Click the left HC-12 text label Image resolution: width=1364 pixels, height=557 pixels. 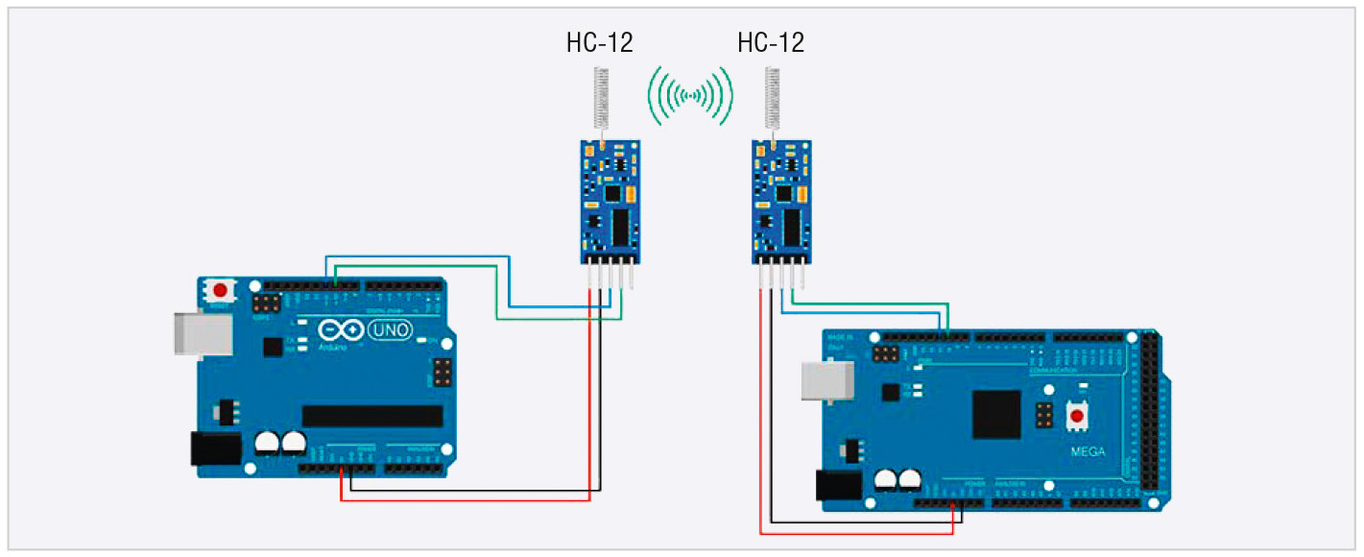(x=600, y=42)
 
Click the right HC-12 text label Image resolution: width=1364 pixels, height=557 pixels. (x=771, y=42)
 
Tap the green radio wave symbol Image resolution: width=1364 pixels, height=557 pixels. (x=690, y=95)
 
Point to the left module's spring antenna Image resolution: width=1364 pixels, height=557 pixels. (x=601, y=101)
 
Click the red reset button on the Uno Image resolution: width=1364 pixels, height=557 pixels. (x=223, y=289)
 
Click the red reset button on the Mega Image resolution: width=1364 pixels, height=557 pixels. (x=1078, y=417)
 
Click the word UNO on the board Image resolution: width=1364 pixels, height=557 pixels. (x=389, y=331)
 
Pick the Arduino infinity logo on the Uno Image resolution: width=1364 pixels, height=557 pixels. (x=341, y=330)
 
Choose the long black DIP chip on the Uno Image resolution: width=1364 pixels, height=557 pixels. (x=372, y=416)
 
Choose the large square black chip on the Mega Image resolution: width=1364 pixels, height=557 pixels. (x=998, y=414)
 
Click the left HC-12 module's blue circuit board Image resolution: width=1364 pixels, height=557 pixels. (x=610, y=202)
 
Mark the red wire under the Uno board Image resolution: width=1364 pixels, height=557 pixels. (x=461, y=499)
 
